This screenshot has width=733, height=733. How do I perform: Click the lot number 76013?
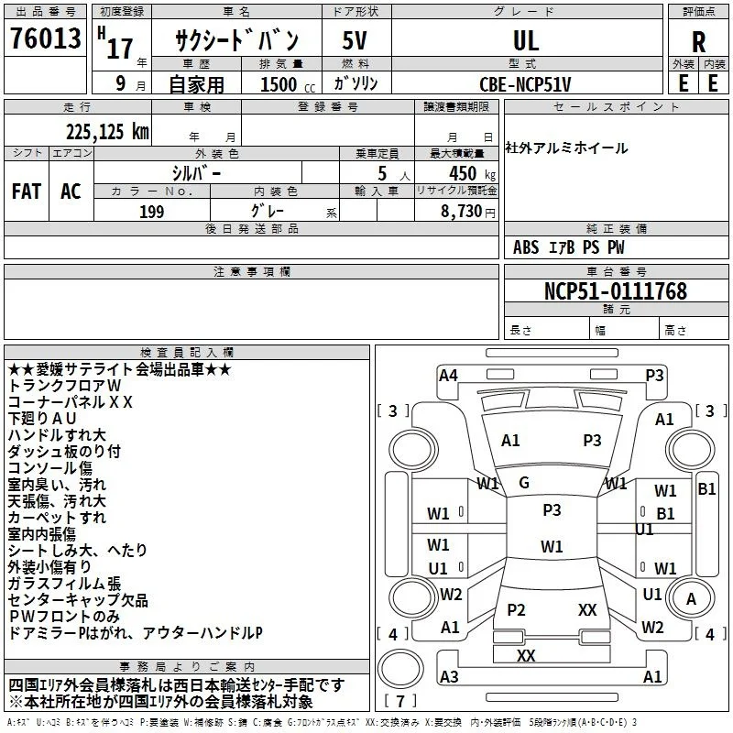coord(45,38)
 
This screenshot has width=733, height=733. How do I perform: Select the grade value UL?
coord(526,40)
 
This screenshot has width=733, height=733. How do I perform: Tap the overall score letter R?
coord(698,42)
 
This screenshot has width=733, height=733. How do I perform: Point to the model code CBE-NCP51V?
coord(525,84)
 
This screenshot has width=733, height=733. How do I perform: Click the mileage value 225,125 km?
coord(107,132)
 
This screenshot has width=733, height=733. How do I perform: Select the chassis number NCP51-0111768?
coord(616,291)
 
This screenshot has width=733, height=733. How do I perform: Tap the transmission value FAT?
coord(27,191)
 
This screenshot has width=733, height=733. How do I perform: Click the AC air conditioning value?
coord(71,191)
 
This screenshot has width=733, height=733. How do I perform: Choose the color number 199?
coord(152,212)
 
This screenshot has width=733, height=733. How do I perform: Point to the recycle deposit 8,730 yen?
coord(467,212)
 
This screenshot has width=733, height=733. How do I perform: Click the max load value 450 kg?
coord(472,173)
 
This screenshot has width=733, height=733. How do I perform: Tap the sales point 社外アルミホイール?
coord(566,148)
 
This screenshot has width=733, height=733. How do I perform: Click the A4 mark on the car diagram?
coord(448,376)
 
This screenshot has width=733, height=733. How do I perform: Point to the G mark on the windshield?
coord(524,483)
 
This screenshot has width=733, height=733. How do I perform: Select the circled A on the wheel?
coord(691,599)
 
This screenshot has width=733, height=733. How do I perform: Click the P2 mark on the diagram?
coord(516,609)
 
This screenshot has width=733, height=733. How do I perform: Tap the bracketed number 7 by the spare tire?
coord(400,701)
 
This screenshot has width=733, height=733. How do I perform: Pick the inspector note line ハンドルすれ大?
coord(57,434)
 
